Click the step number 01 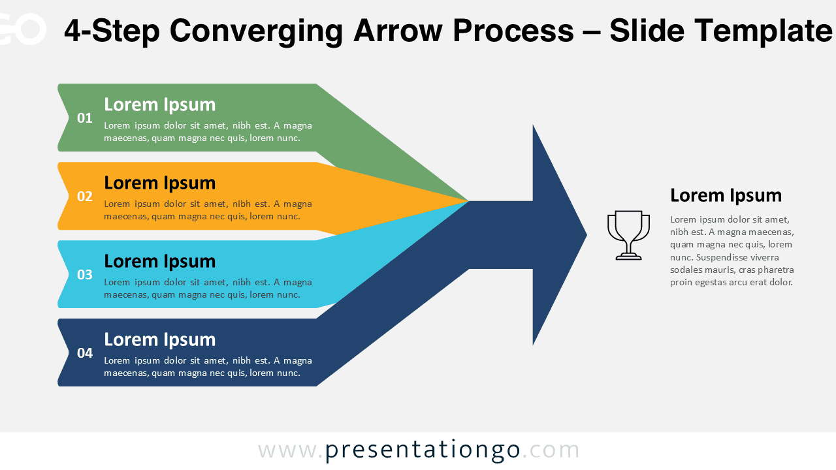click(x=85, y=118)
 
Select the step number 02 click(x=85, y=196)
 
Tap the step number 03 click(x=85, y=275)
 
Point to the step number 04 click(x=85, y=353)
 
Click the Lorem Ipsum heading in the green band click(x=159, y=104)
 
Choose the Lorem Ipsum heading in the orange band click(x=159, y=183)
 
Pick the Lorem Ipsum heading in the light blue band click(x=159, y=261)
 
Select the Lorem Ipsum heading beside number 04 click(x=159, y=339)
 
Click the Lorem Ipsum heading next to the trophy click(x=726, y=195)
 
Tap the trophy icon click(x=628, y=235)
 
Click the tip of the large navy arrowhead click(x=585, y=235)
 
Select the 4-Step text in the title click(x=112, y=31)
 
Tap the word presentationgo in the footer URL click(x=423, y=450)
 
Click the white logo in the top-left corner click(x=23, y=29)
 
